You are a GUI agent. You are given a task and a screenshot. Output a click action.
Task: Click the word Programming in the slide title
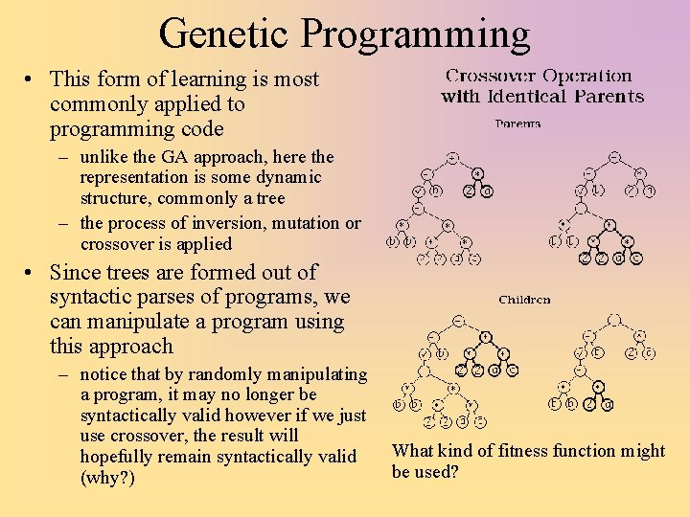coord(414,34)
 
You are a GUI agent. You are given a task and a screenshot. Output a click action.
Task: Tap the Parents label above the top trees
coord(517,124)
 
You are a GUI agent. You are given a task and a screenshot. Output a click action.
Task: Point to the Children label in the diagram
coord(524,300)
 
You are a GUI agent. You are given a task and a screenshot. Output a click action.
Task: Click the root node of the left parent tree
coord(452,156)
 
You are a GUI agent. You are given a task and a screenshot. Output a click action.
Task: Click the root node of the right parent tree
coord(614,156)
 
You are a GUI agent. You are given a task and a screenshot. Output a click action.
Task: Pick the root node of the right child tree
coord(614,320)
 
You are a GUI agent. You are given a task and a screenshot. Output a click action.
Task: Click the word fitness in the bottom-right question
coord(501,451)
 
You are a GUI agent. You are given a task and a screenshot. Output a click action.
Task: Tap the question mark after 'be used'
coord(454,472)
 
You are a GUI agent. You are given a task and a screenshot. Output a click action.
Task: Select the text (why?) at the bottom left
coord(107,477)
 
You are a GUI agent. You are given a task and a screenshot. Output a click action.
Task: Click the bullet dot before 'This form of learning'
coord(33,79)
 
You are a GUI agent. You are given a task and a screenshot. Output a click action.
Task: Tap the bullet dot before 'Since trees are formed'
coord(33,273)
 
